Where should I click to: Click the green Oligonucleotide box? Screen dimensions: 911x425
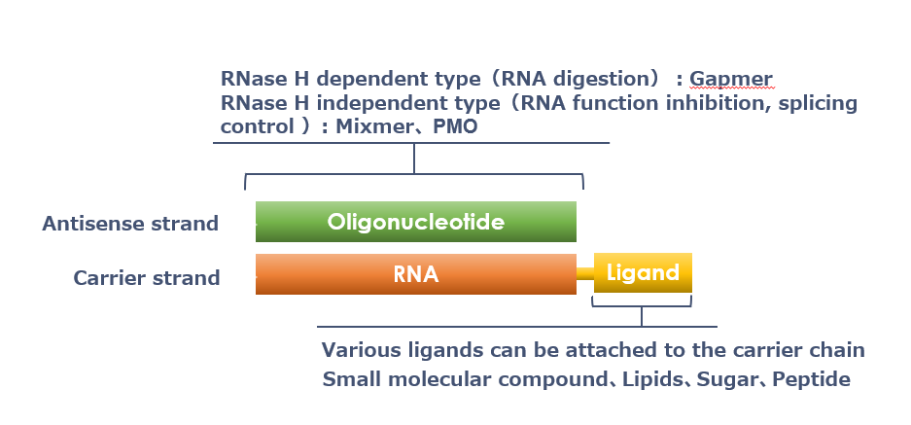pyautogui.click(x=416, y=222)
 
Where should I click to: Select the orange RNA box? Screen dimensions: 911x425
pyautogui.click(x=416, y=274)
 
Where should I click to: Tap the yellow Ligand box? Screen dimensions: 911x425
pyautogui.click(x=643, y=272)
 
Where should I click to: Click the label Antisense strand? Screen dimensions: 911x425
pyautogui.click(x=130, y=224)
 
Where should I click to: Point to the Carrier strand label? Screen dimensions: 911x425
pyautogui.click(x=147, y=278)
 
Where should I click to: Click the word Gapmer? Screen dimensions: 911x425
pyautogui.click(x=731, y=79)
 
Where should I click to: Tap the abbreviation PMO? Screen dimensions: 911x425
pyautogui.click(x=455, y=126)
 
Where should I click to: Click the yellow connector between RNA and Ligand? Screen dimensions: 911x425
pyautogui.click(x=585, y=273)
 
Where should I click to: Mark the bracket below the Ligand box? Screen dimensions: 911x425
pyautogui.click(x=642, y=306)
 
